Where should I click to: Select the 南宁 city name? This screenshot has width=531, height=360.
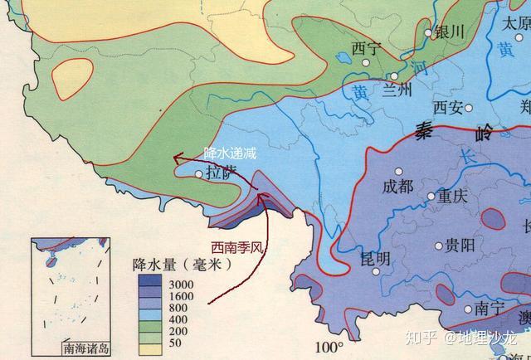tap(490, 308)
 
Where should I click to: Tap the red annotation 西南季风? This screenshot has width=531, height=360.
tap(237, 246)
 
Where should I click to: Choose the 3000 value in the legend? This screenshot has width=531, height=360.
tap(181, 285)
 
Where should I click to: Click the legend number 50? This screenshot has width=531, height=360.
tap(175, 341)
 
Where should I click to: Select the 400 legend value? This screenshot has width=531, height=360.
tap(178, 319)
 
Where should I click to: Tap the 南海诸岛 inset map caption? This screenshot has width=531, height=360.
tap(86, 348)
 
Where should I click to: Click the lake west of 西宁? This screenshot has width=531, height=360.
tap(342, 60)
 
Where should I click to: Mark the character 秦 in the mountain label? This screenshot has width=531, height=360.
tap(424, 130)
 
